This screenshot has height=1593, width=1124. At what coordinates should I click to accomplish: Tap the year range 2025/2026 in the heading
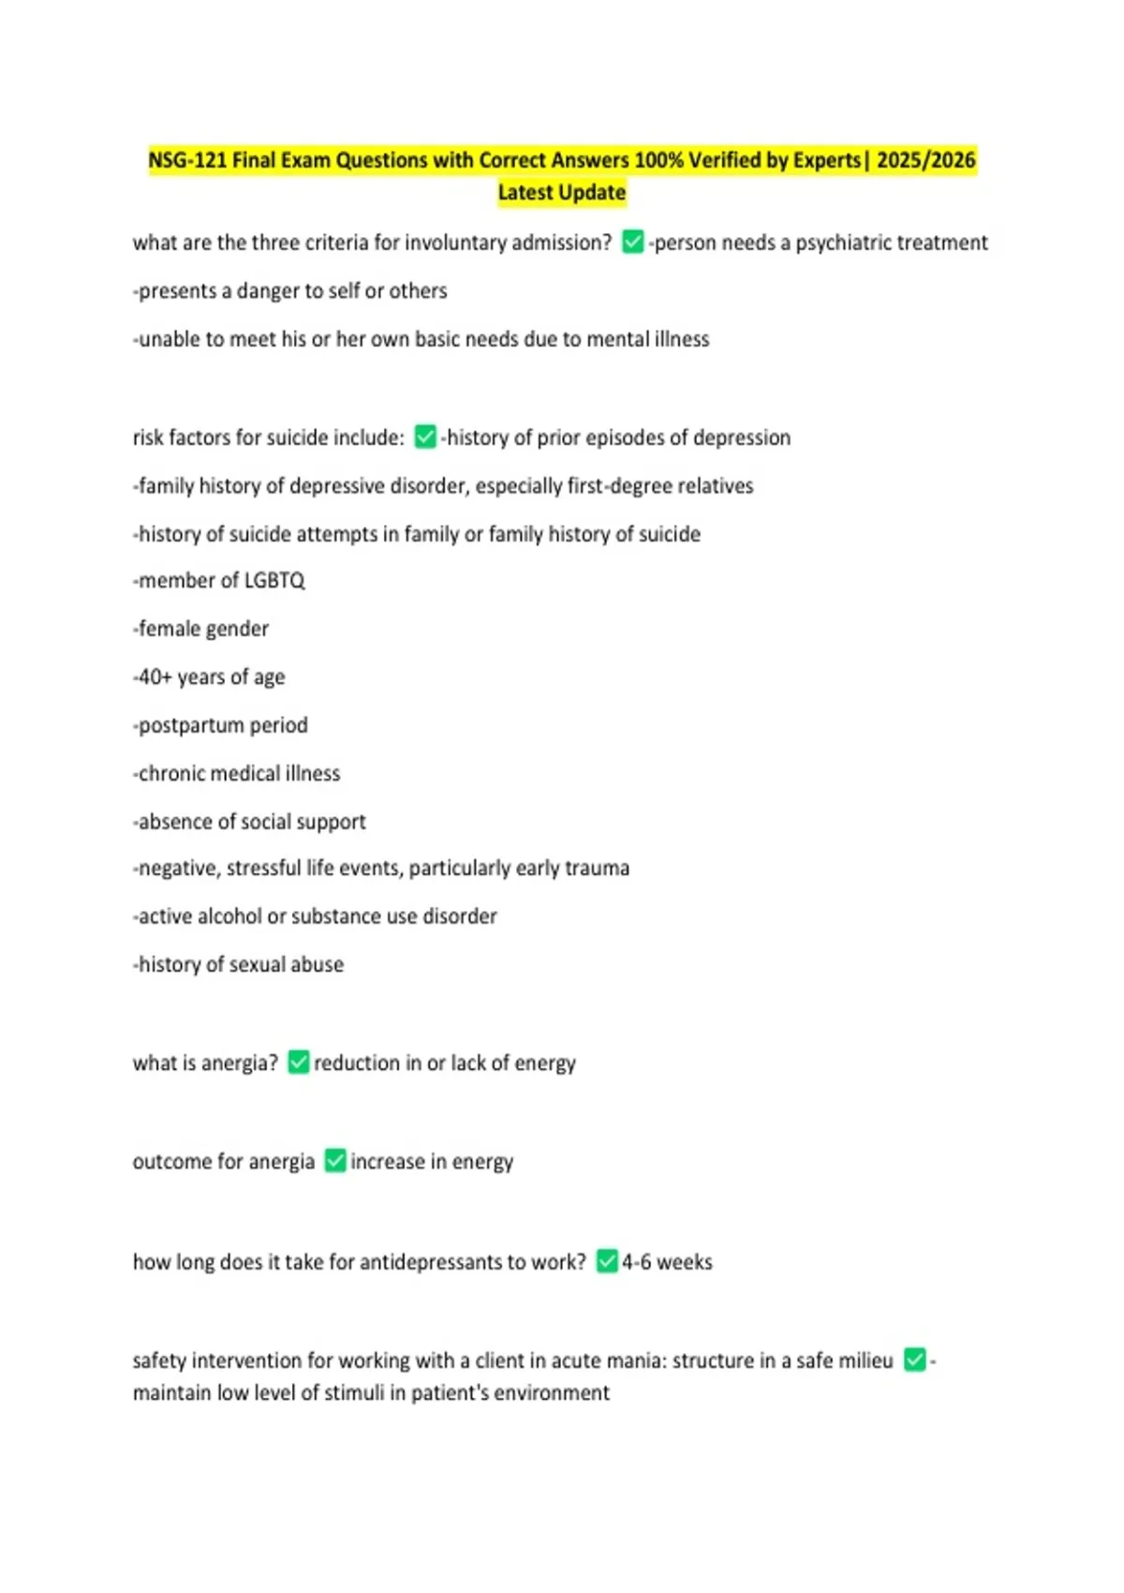click(x=925, y=160)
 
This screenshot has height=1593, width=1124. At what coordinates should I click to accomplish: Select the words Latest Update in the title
click(x=561, y=192)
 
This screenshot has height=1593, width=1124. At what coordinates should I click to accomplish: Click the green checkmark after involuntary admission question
click(x=633, y=243)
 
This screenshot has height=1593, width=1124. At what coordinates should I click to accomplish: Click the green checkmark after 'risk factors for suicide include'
click(x=425, y=437)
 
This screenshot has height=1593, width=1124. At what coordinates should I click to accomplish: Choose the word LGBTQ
click(x=274, y=581)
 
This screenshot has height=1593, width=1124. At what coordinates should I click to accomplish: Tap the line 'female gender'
click(x=202, y=629)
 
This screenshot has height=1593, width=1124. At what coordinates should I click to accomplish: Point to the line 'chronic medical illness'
click(x=238, y=773)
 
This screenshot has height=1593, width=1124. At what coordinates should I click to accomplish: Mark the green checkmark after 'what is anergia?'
click(x=299, y=1062)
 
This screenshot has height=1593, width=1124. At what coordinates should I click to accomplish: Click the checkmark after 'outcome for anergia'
click(x=335, y=1161)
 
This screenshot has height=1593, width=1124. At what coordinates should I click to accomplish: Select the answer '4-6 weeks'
click(x=667, y=1262)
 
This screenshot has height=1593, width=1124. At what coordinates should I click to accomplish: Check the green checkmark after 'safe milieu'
click(x=915, y=1360)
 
